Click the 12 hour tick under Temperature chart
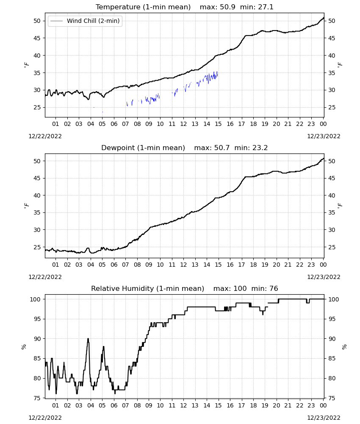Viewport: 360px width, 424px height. tap(184, 124)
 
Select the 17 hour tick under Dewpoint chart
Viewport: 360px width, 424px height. tap(241, 265)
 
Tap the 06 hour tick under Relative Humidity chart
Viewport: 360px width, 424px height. tap(114, 405)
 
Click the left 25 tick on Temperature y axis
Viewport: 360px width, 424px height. tap(37, 107)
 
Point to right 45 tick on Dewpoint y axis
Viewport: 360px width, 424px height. tap(332, 178)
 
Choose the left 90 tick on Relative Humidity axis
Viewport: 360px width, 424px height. tap(37, 339)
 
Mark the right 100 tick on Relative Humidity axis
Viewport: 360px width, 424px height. tap(333, 299)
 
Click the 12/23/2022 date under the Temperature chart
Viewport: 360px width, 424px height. tap(324, 136)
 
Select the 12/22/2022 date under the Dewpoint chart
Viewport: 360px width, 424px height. tap(45, 277)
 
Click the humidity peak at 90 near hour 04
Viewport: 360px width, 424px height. tap(88, 339)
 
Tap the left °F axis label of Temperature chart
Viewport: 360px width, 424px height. tap(26, 64)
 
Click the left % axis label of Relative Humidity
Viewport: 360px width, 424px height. tap(24, 347)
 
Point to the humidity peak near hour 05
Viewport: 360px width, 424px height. tap(103, 347)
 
